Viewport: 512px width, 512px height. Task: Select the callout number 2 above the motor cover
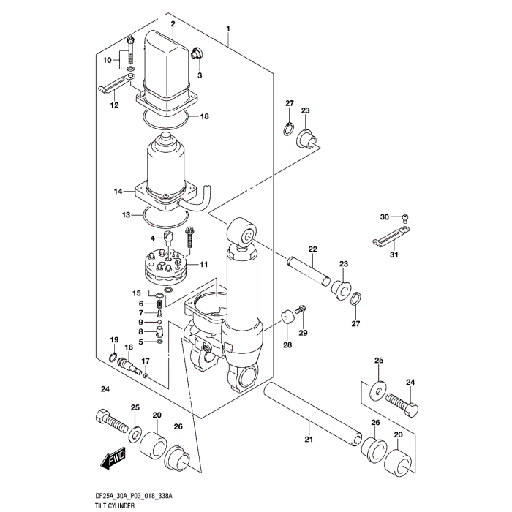click(x=173, y=24)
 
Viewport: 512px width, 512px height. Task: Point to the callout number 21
click(x=308, y=439)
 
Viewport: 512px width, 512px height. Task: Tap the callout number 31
click(x=394, y=254)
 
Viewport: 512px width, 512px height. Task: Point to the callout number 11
click(x=203, y=264)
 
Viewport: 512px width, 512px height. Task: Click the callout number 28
click(x=287, y=345)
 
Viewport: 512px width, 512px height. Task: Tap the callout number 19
click(x=114, y=340)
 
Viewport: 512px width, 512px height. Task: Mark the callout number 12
click(x=114, y=105)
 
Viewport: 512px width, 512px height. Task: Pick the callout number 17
click(x=146, y=361)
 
